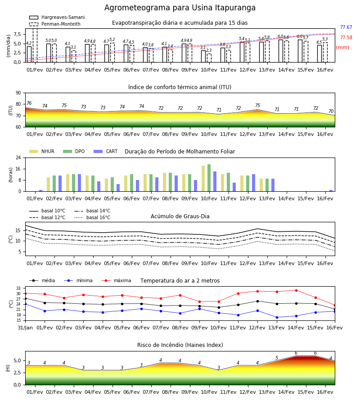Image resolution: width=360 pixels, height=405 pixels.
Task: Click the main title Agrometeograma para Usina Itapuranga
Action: [x=180, y=8]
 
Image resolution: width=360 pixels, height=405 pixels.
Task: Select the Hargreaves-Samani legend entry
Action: [x=57, y=17]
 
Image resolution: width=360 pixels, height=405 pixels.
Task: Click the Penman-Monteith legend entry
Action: [x=55, y=24]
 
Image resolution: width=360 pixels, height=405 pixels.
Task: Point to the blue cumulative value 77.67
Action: [x=346, y=27]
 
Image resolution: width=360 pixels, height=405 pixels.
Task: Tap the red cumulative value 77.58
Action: [x=346, y=37]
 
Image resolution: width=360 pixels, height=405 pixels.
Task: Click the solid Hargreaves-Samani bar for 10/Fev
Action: [x=203, y=56]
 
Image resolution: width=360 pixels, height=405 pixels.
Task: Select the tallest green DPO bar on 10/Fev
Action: [x=209, y=178]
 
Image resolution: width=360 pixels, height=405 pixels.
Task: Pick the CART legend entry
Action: [x=105, y=151]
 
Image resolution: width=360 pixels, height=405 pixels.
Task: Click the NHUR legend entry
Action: [x=42, y=151]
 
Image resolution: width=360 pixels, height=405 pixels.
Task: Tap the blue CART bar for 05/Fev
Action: [x=118, y=188]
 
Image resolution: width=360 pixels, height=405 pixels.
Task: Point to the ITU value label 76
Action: [x=29, y=103]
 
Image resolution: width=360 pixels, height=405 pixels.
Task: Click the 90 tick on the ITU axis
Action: [x=18, y=93]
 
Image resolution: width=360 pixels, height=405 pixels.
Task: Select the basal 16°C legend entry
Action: [x=92, y=217]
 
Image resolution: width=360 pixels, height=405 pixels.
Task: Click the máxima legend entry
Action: [x=116, y=280]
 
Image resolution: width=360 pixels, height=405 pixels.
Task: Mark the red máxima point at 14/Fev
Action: [x=296, y=290]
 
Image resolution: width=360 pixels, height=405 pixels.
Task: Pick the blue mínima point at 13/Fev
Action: [x=277, y=317]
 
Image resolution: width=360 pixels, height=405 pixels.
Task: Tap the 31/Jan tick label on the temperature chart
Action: [x=25, y=328]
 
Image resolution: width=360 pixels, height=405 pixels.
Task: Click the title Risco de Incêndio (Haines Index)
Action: [x=180, y=345]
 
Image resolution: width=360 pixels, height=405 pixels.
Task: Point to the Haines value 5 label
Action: [x=277, y=358]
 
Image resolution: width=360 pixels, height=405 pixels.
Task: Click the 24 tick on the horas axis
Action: [x=18, y=157]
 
